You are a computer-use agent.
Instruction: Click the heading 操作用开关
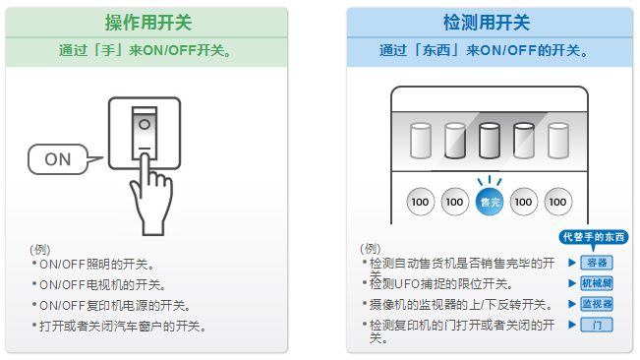click(148, 23)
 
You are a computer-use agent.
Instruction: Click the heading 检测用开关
click(487, 23)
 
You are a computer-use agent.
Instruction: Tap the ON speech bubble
click(58, 159)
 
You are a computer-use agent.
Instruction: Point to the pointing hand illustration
click(149, 195)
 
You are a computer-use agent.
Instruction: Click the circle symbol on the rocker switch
click(145, 124)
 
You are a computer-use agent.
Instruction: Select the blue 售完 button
click(489, 202)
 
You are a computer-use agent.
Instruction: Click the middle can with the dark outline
click(489, 141)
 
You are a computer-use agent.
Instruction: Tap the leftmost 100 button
click(420, 202)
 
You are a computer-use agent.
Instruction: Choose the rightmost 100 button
click(558, 202)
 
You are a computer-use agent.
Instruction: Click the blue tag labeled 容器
click(597, 263)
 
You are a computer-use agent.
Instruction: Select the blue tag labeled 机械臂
click(597, 283)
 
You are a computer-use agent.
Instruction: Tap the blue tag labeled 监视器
click(597, 304)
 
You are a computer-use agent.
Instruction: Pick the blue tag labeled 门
click(597, 325)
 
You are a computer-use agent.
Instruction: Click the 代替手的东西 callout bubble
click(594, 237)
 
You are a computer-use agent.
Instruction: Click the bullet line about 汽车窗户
click(119, 327)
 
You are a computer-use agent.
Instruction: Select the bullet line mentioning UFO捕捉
click(437, 283)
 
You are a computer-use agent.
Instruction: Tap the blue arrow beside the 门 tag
click(572, 325)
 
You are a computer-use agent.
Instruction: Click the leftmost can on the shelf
click(421, 141)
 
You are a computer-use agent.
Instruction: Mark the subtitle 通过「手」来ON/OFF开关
click(145, 50)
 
